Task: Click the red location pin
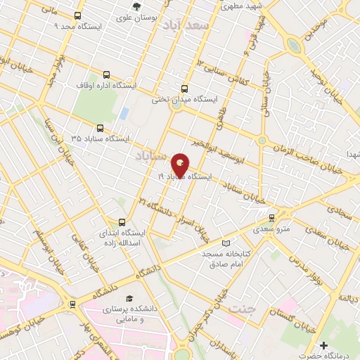tap(180, 165)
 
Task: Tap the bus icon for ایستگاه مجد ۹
tap(77, 15)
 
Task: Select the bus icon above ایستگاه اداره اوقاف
tap(106, 73)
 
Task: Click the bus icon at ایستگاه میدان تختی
tap(184, 89)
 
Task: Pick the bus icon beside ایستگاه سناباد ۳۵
tap(100, 129)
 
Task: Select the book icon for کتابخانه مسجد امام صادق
tap(225, 243)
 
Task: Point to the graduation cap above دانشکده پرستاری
tap(129, 298)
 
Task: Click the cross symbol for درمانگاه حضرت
tap(323, 345)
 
